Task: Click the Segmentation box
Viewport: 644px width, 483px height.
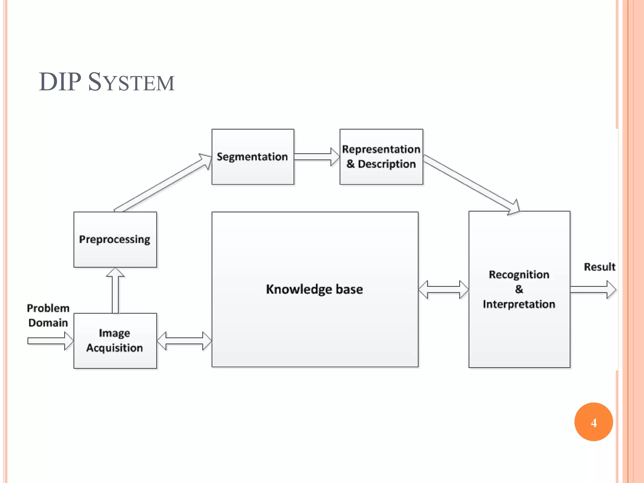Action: (253, 157)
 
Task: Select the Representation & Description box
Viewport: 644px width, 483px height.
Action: (381, 157)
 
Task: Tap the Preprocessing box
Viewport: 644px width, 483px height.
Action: (115, 239)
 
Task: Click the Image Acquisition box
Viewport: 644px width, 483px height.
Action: (115, 341)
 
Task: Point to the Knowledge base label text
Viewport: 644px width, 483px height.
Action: (314, 289)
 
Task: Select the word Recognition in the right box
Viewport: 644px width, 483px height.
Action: (519, 275)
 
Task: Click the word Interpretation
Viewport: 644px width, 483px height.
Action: (519, 304)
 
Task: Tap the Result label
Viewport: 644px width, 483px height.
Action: (599, 267)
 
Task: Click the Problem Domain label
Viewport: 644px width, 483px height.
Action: (48, 315)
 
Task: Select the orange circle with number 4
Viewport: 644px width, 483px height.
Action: (593, 422)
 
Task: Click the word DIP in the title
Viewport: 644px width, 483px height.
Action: (60, 82)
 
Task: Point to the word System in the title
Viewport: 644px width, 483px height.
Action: (131, 82)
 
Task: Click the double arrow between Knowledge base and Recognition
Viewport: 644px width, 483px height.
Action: (443, 289)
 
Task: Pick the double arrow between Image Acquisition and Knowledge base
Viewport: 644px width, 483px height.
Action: (184, 341)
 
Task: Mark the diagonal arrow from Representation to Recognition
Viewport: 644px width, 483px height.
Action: (472, 184)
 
